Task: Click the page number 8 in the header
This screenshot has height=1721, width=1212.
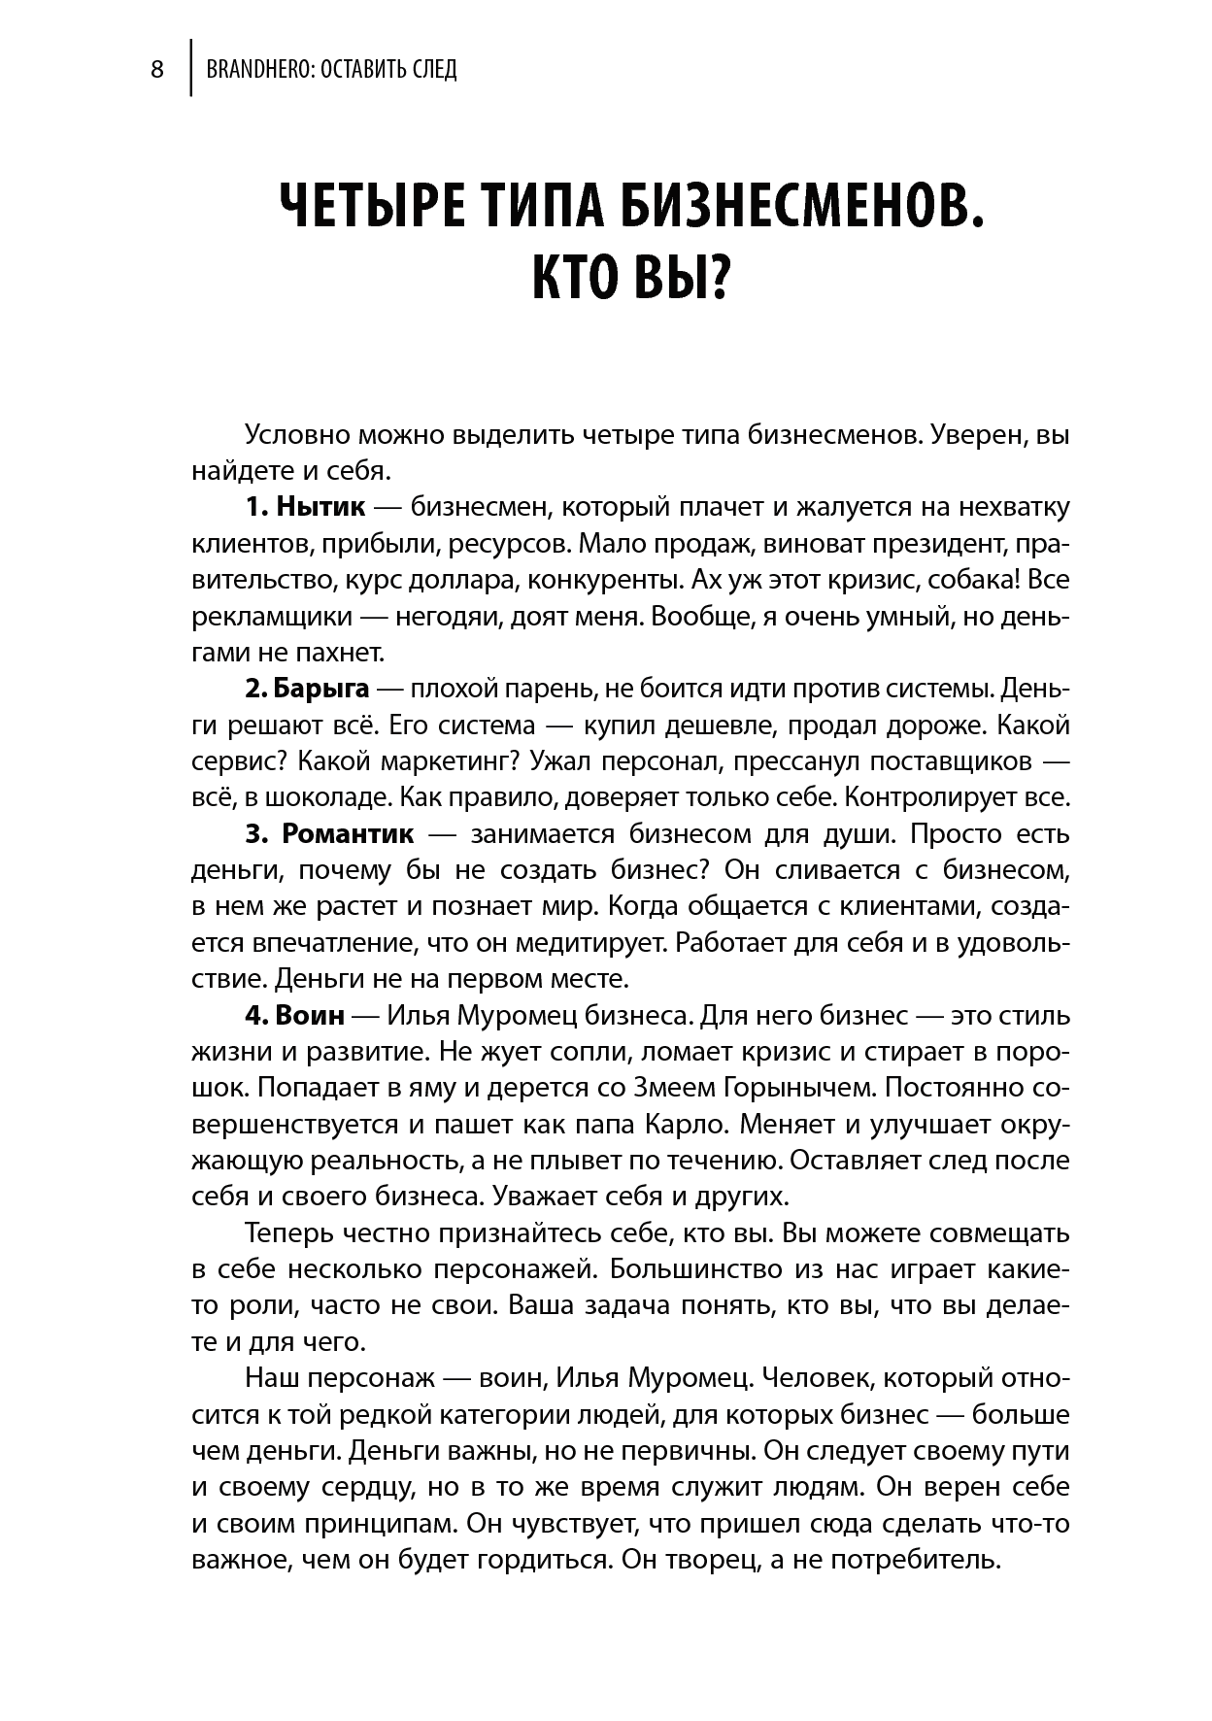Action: pos(156,70)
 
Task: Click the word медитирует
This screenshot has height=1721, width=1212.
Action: pos(596,942)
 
